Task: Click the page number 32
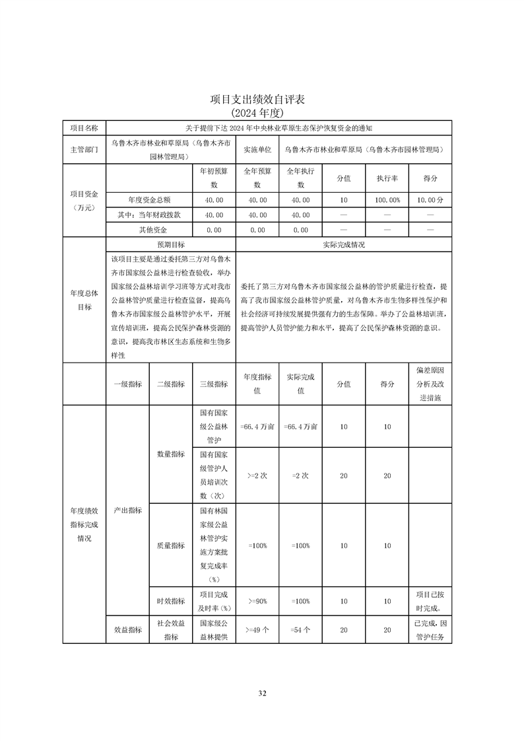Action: click(x=262, y=693)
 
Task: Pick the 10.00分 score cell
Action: click(x=430, y=199)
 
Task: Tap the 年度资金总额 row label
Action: click(x=148, y=199)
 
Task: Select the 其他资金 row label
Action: click(x=148, y=230)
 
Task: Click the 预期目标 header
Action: click(x=170, y=244)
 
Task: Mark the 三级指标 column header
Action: click(x=213, y=384)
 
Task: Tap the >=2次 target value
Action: click(x=257, y=476)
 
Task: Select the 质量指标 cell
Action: click(x=170, y=546)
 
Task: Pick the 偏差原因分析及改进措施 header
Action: click(x=430, y=384)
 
